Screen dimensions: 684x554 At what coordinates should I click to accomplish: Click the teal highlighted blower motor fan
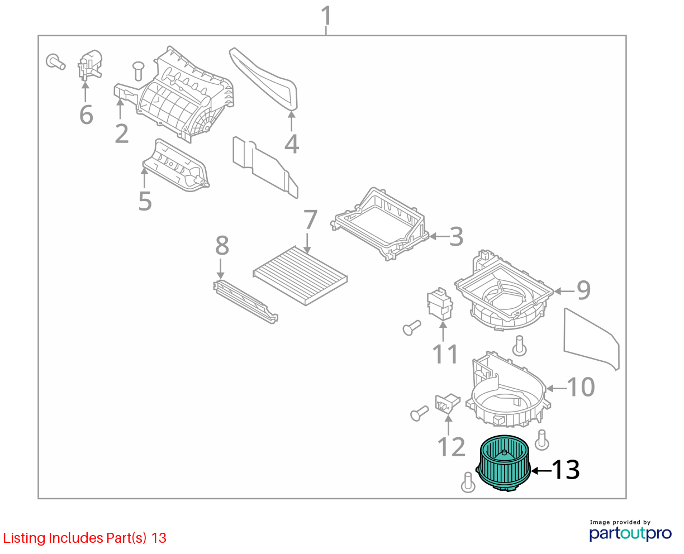[503, 463]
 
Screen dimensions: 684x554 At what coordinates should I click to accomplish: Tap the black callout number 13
[566, 470]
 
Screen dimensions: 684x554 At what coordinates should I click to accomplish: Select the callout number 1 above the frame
[326, 16]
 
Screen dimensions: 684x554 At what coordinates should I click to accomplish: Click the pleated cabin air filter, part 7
[300, 276]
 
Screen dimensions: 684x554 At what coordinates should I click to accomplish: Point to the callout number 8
[222, 246]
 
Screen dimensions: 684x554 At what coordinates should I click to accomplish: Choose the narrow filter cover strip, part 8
[246, 302]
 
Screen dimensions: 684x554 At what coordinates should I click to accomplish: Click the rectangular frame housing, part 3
[380, 224]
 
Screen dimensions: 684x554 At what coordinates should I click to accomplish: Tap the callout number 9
[583, 290]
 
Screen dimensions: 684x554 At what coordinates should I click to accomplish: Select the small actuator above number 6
[90, 65]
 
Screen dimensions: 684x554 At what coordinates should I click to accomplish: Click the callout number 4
[292, 144]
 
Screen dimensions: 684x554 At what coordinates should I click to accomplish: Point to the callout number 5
[145, 201]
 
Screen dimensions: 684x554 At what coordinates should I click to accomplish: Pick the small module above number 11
[440, 304]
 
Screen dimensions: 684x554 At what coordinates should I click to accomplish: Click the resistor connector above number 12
[447, 404]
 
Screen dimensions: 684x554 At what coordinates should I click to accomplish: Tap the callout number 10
[581, 387]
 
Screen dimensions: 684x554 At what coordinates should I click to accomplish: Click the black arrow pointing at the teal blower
[541, 471]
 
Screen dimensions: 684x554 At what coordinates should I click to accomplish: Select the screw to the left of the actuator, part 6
[55, 61]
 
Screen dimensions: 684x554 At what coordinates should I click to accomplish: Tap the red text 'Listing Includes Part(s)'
[74, 538]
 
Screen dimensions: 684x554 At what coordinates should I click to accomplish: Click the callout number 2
[122, 133]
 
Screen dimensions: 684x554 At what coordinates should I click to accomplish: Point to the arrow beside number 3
[439, 237]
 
